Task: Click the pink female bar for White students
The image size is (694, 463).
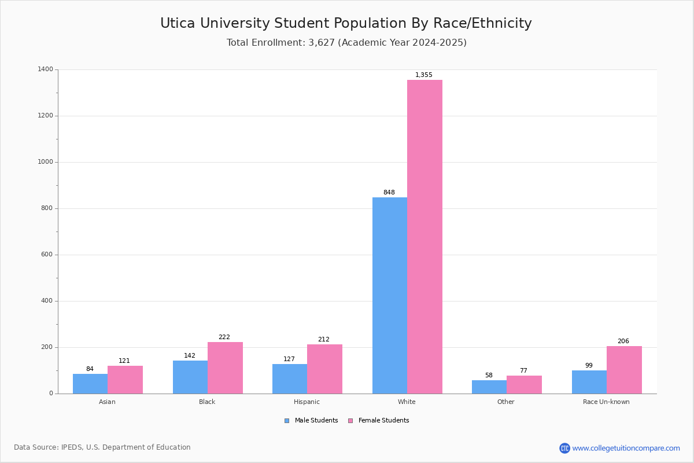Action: [x=424, y=237]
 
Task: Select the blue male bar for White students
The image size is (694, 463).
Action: [x=390, y=296]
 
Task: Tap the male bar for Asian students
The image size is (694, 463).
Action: [x=90, y=384]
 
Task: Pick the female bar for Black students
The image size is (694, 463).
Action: [x=225, y=368]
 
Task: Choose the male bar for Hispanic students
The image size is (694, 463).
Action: [x=290, y=379]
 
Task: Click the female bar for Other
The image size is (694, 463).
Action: [x=524, y=384]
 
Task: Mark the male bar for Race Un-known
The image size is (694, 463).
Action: [x=589, y=382]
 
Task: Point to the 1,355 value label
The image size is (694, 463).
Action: [x=423, y=75]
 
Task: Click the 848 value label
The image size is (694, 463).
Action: [x=389, y=192]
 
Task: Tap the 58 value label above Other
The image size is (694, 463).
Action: [x=489, y=375]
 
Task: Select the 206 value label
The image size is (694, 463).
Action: [x=623, y=341]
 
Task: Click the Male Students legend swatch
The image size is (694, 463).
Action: [x=287, y=421]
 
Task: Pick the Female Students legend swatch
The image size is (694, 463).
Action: [x=350, y=421]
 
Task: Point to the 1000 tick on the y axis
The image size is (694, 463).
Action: [x=45, y=162]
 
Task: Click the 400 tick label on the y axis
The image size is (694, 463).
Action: [x=47, y=301]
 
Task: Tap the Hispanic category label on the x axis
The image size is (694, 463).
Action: [x=307, y=402]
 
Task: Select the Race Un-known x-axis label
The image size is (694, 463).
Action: [x=606, y=402]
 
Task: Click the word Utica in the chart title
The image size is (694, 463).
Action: [x=178, y=23]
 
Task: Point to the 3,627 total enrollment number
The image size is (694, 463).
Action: [x=322, y=42]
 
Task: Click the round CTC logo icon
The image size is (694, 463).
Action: [x=564, y=448]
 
